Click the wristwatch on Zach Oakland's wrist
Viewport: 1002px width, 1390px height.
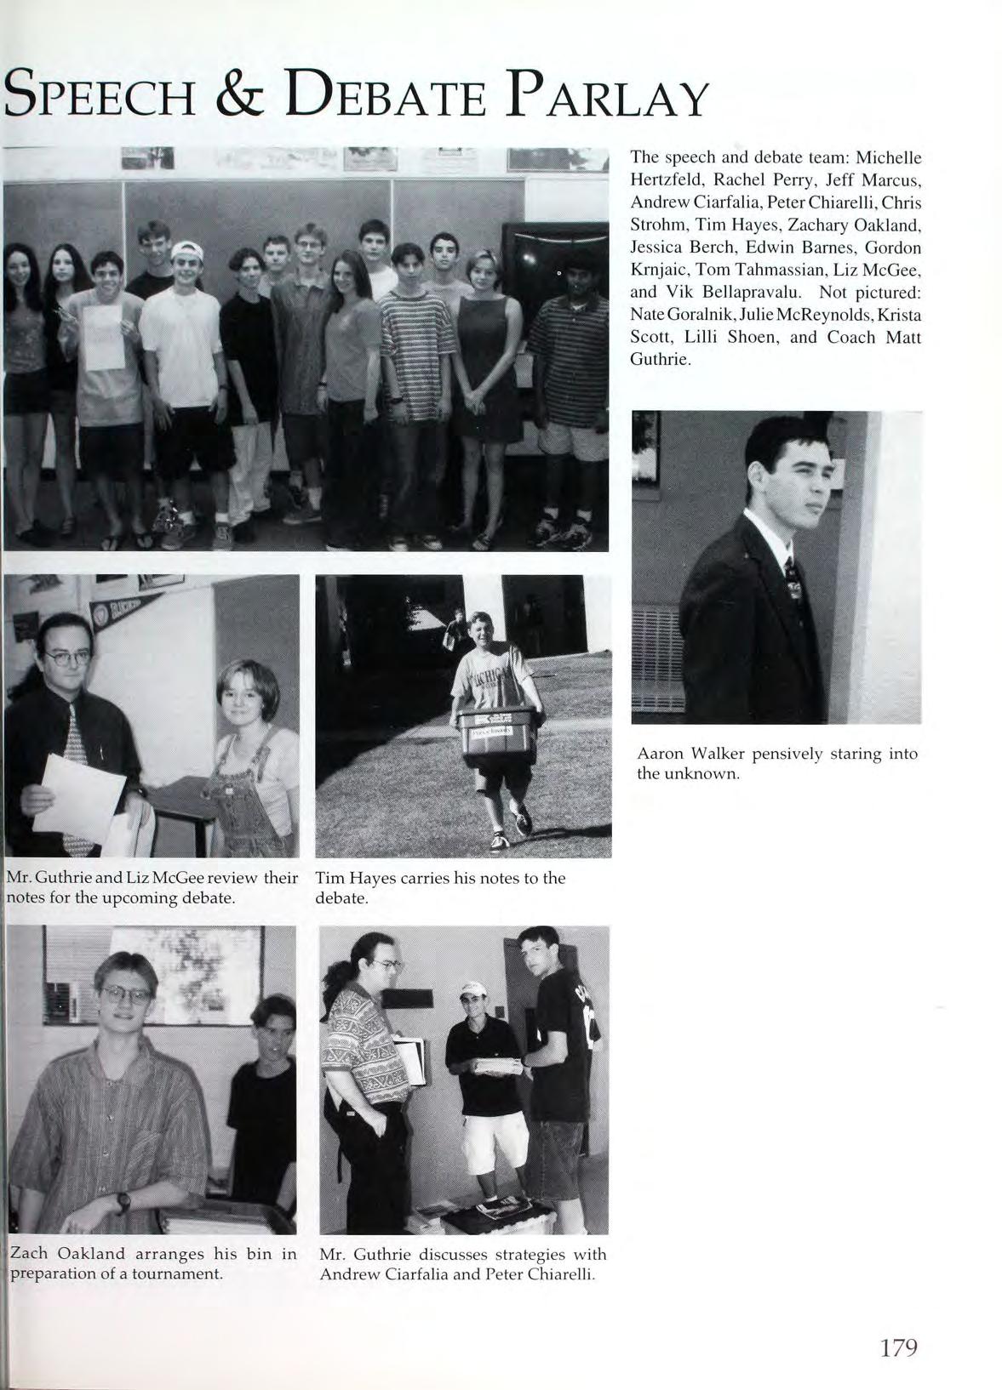pyautogui.click(x=123, y=1201)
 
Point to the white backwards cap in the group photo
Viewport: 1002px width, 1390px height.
pyautogui.click(x=188, y=249)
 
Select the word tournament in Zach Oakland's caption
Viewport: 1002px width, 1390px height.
pyautogui.click(x=176, y=1274)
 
